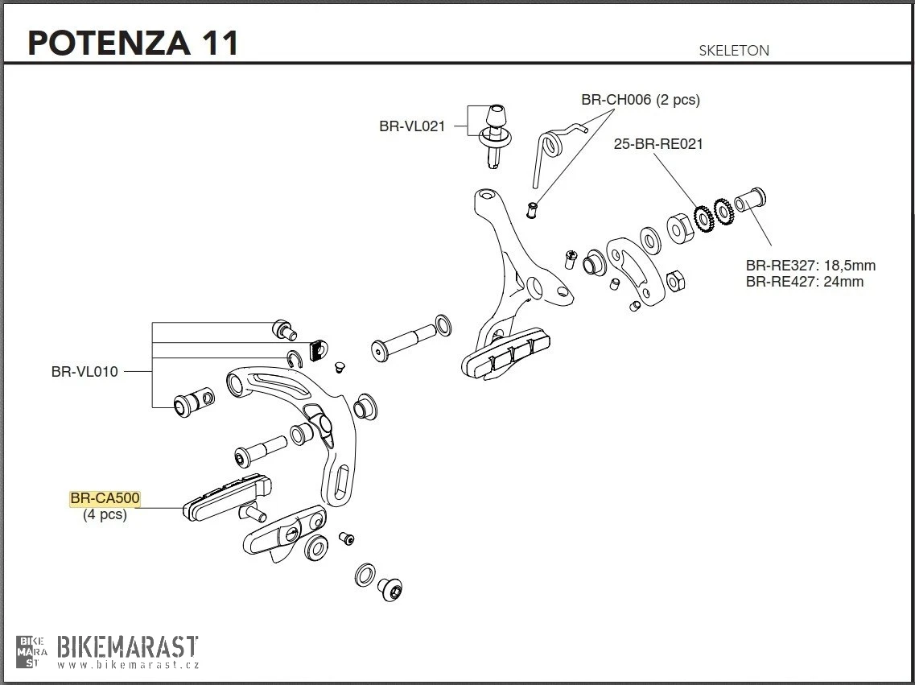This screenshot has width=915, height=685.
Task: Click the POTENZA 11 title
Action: (134, 43)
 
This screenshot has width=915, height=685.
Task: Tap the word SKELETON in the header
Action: (734, 50)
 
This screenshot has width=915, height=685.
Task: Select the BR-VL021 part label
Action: (412, 126)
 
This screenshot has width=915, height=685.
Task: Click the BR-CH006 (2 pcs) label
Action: (641, 100)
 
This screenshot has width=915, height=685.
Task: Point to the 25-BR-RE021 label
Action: (658, 144)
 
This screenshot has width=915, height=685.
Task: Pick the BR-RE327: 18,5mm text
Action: (810, 266)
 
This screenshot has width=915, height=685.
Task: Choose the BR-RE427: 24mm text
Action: (804, 282)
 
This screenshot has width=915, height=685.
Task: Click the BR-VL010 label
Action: (84, 371)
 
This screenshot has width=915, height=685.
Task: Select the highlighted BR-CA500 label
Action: (105, 499)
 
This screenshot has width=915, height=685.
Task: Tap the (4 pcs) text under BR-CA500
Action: (105, 514)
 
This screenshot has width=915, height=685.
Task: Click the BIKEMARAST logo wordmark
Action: (128, 646)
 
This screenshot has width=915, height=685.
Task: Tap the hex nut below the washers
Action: (677, 281)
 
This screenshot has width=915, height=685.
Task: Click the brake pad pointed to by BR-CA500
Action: (227, 497)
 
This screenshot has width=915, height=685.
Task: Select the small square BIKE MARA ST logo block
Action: (32, 651)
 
